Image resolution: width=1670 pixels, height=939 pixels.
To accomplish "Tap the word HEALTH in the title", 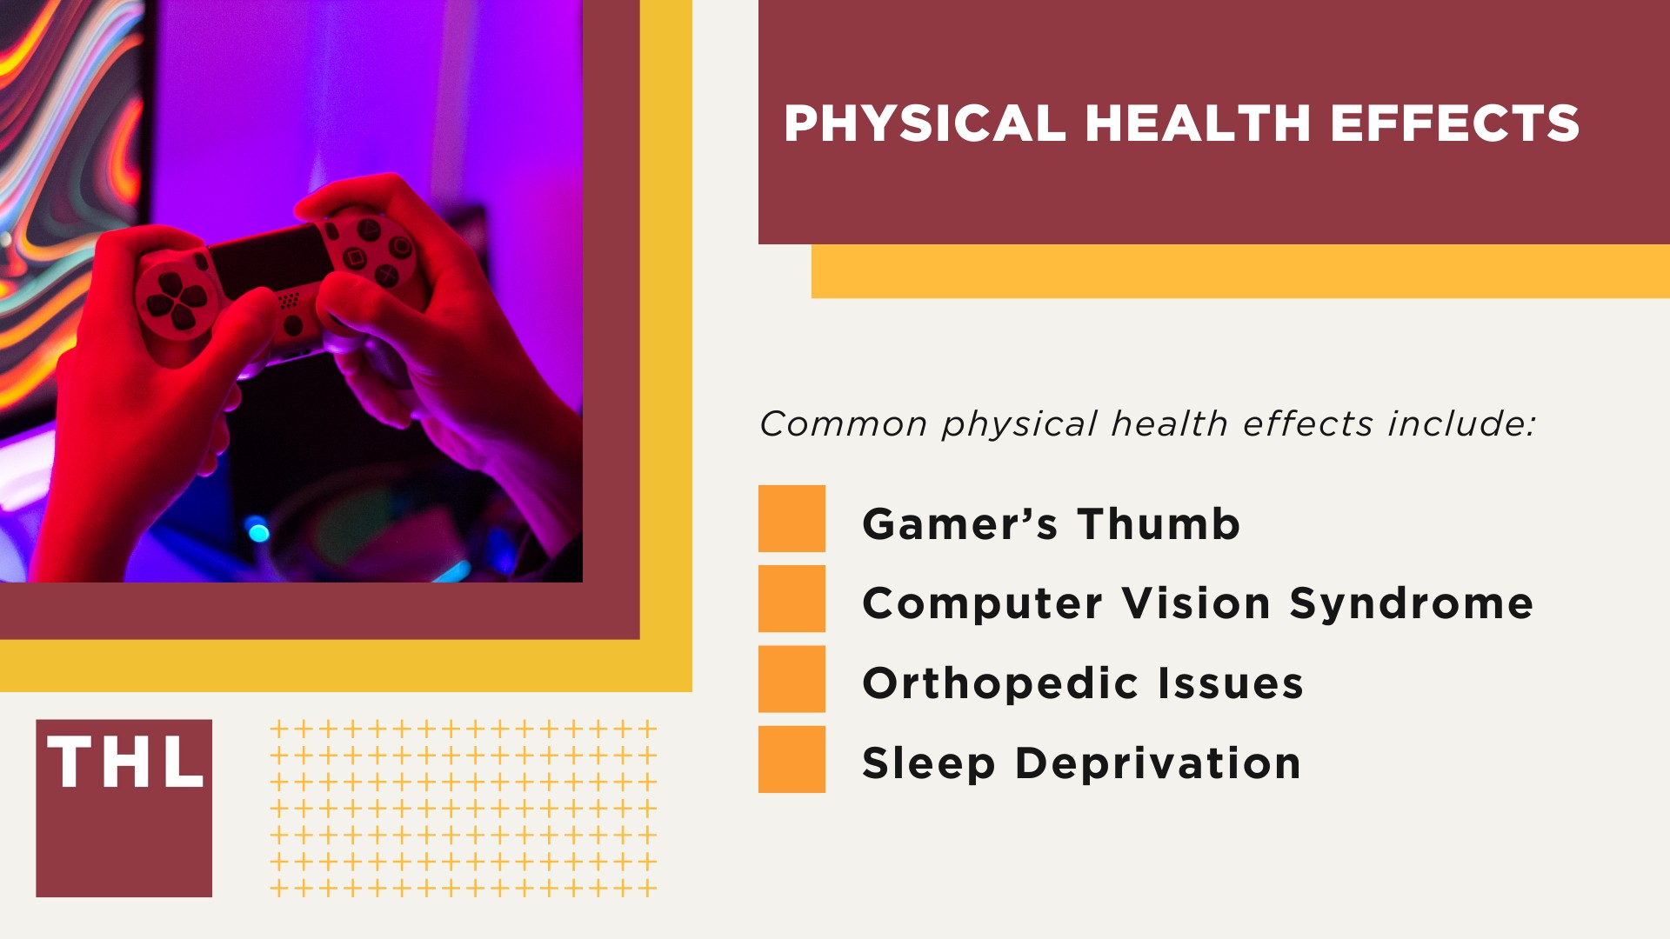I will tap(1198, 123).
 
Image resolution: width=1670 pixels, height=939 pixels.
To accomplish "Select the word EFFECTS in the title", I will tap(1454, 123).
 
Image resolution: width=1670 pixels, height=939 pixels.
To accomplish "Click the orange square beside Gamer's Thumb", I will tap(792, 518).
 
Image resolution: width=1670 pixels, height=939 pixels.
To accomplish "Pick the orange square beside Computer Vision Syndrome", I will tap(792, 598).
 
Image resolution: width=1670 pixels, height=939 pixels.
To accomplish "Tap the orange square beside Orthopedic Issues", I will tap(792, 679).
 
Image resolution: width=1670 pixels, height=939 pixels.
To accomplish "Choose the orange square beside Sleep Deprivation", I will tap(792, 759).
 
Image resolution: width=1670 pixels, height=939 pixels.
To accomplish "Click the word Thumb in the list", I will tap(1159, 524).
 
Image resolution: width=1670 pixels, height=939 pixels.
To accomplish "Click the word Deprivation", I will tap(1158, 764).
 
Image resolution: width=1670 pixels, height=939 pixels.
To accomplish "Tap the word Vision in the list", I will tap(1196, 604).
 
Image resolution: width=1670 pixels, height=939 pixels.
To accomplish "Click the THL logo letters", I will tap(125, 763).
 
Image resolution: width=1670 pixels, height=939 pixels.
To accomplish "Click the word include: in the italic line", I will tap(1461, 424).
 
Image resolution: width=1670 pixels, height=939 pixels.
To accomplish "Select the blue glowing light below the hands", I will tap(257, 529).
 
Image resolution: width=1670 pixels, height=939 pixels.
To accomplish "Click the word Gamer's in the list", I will tap(959, 524).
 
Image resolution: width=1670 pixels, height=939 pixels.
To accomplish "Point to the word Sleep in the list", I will tap(928, 764).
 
